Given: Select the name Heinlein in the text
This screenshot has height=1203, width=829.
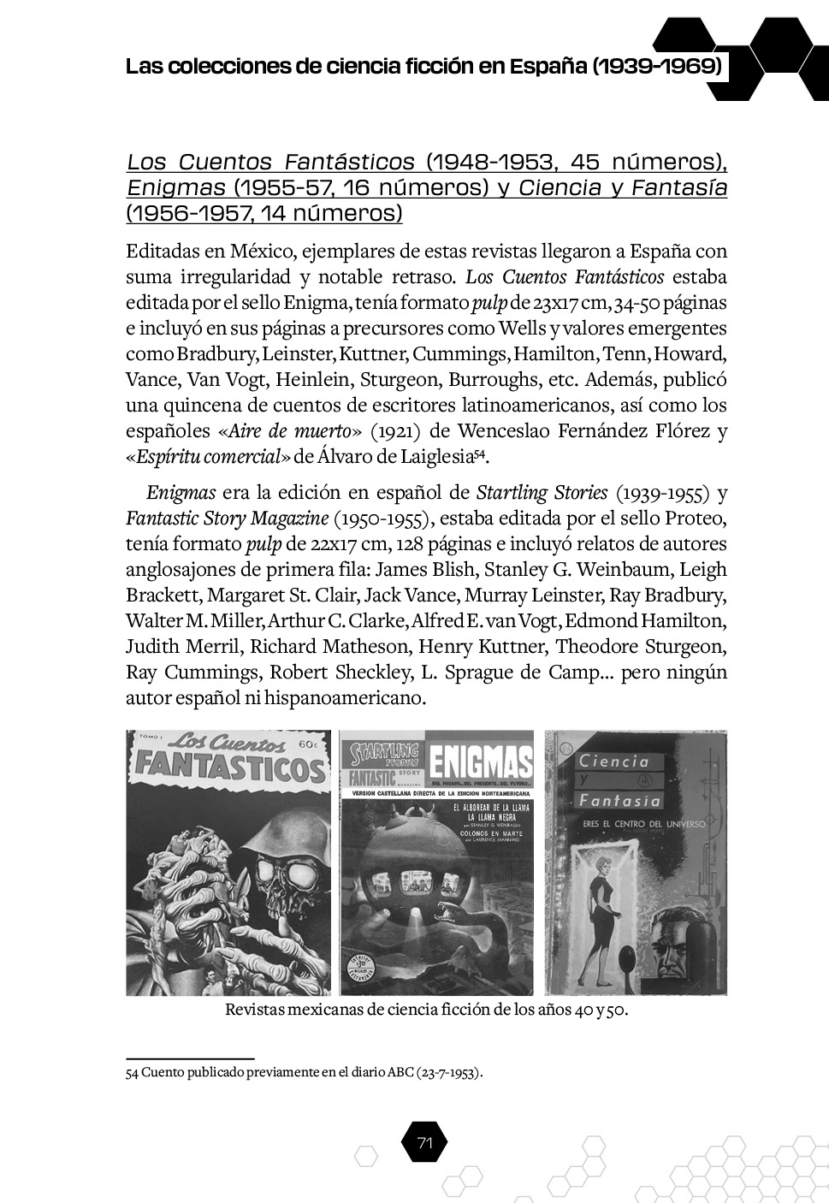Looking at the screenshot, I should (312, 380).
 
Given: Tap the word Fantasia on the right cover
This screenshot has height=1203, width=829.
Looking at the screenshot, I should (620, 801).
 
